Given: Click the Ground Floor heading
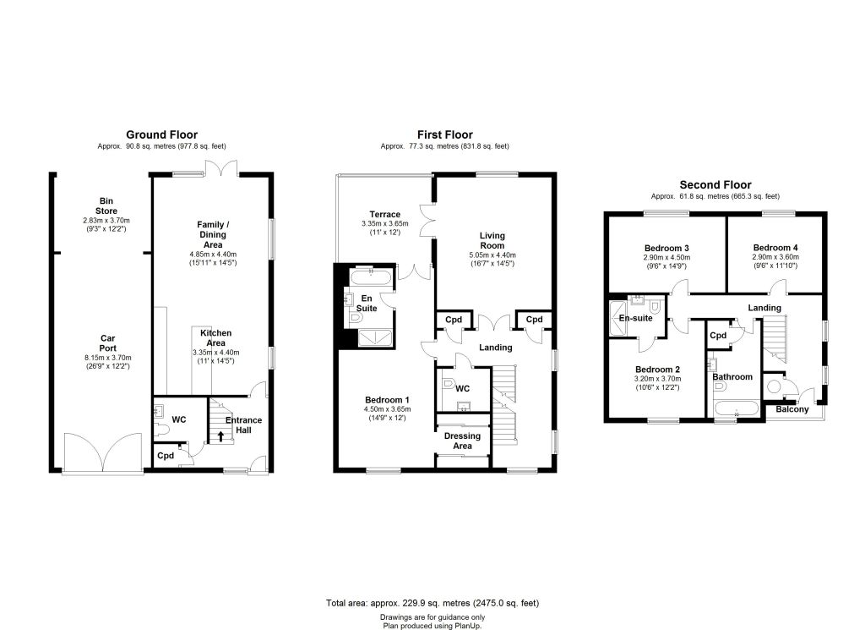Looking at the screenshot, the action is coord(161,134).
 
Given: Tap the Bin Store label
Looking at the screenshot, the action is coord(106,206).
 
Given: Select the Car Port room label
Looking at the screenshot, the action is coord(107,343).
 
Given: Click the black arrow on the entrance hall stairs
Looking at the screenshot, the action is coord(221,436).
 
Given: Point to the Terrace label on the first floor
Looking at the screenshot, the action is coord(385,214).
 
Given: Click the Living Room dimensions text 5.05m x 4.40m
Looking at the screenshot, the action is coord(492,255).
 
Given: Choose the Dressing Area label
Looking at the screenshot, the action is coord(462,441).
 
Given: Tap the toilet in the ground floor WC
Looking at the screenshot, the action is coord(162,430).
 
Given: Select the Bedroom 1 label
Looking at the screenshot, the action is coord(387,400).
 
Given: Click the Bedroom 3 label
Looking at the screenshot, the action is coord(666,248).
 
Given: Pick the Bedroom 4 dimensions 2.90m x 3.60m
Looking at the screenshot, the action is coord(775,257).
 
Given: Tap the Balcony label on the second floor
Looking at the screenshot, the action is coord(792,409).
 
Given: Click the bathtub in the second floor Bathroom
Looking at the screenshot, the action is coord(737,410).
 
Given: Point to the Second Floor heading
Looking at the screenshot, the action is coord(715,185).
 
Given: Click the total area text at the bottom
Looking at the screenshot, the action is coord(432,603).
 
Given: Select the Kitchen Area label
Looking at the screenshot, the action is coord(215,338).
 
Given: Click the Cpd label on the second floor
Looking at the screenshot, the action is coord(718,335).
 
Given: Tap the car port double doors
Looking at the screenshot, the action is coord(102,452).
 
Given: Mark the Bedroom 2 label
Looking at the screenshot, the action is coord(657,370).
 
